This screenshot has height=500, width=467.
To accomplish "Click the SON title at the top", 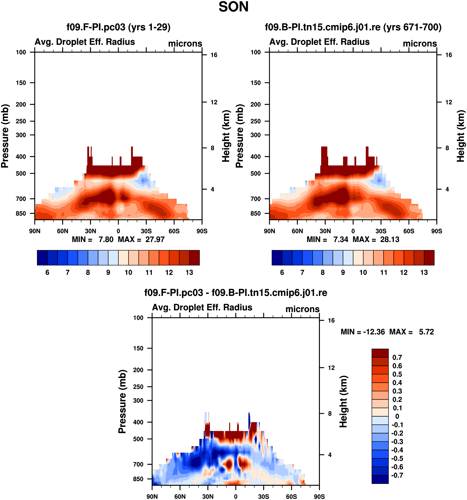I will pyautogui.click(x=233, y=7).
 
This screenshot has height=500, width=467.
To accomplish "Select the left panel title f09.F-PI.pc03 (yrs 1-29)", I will pyautogui.click(x=118, y=27).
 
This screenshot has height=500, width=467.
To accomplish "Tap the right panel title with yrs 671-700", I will pyautogui.click(x=353, y=27).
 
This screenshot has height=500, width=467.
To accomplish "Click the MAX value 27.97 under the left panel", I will pyautogui.click(x=155, y=240).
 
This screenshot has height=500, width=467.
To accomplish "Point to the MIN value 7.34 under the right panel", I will pyautogui.click(x=340, y=240).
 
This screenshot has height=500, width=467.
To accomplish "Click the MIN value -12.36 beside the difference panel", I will pyautogui.click(x=374, y=332).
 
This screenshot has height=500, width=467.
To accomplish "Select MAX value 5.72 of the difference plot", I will pyautogui.click(x=426, y=332).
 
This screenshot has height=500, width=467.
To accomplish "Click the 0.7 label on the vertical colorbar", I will pyautogui.click(x=397, y=357).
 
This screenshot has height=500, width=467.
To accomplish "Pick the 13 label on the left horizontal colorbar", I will pyautogui.click(x=189, y=272).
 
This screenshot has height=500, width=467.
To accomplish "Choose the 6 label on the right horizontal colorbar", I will pyautogui.click(x=282, y=272).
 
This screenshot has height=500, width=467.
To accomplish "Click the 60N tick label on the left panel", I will pyautogui.click(x=62, y=231).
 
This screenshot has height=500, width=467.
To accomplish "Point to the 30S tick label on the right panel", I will pyautogui.click(x=381, y=231).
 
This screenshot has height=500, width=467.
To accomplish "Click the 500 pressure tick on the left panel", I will pyautogui.click(x=21, y=174).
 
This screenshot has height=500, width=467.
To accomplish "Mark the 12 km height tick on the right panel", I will pyautogui.click(x=448, y=102).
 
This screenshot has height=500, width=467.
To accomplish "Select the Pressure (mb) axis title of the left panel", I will pyautogui.click(x=5, y=136).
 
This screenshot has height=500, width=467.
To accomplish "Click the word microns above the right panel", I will pyautogui.click(x=420, y=44).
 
